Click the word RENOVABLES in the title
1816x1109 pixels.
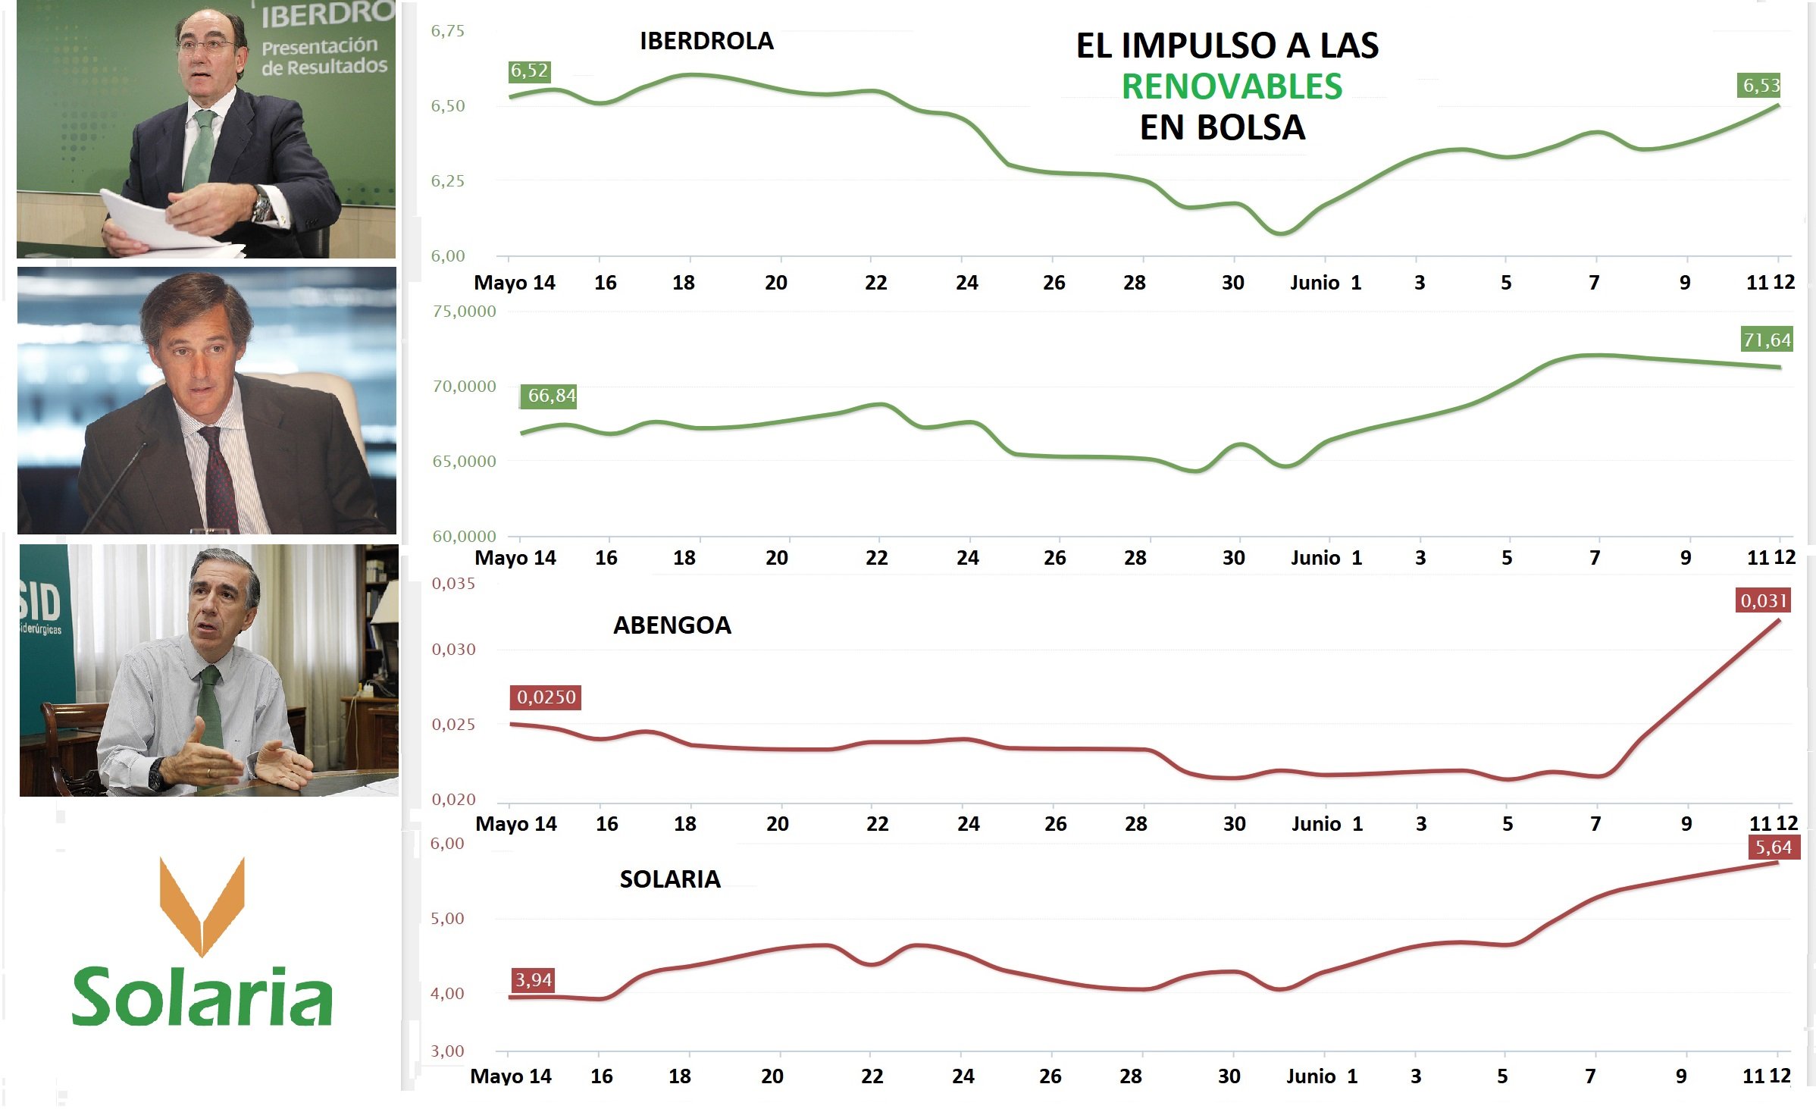point(1232,86)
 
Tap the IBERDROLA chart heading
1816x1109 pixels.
point(706,41)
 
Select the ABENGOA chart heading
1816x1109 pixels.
point(672,625)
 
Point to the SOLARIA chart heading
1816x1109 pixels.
point(670,879)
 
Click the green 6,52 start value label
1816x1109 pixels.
point(529,71)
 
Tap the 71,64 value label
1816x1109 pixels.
point(1767,340)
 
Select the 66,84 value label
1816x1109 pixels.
point(551,396)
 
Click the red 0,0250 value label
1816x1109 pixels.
point(546,697)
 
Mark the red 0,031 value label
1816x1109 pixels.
point(1764,601)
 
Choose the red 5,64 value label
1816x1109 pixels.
point(1774,847)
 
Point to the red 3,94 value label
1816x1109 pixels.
point(534,980)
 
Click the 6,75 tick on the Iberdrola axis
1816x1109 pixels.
point(448,31)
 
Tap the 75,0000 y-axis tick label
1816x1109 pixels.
point(464,312)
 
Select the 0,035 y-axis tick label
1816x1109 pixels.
point(453,584)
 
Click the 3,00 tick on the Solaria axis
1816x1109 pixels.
point(447,1051)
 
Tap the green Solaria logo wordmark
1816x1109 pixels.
point(202,997)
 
